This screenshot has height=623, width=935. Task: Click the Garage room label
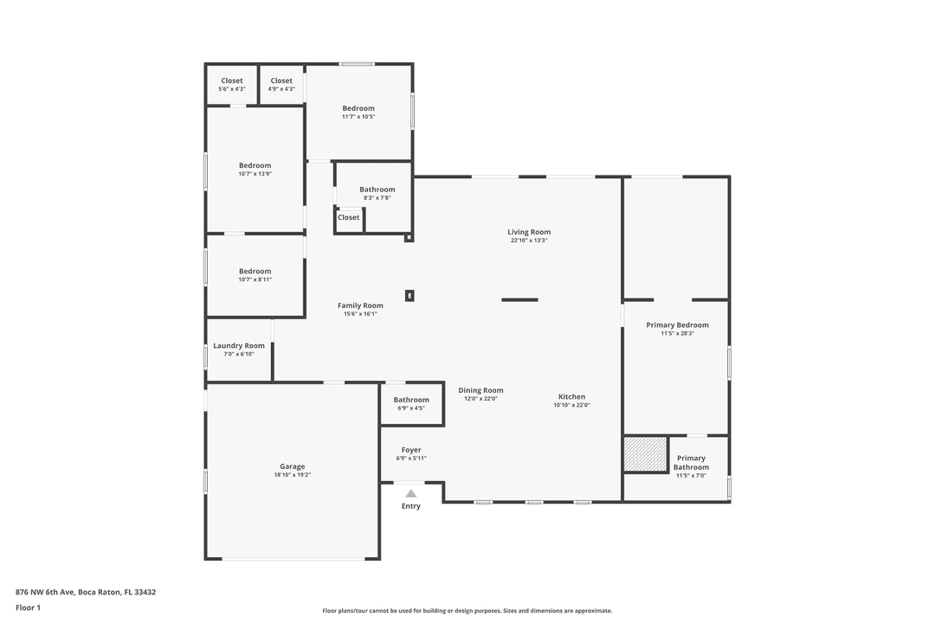pyautogui.click(x=292, y=466)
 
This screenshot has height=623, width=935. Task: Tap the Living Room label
pyautogui.click(x=529, y=232)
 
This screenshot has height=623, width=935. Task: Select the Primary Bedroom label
pyautogui.click(x=677, y=325)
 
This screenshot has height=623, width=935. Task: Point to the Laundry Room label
pyautogui.click(x=239, y=345)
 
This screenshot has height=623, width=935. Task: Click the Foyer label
pyautogui.click(x=411, y=450)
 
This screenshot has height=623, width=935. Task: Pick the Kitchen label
pyautogui.click(x=571, y=396)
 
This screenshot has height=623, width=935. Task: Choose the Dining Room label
pyautogui.click(x=480, y=390)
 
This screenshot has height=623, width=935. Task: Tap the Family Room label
pyautogui.click(x=360, y=305)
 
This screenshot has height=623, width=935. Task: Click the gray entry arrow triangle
pyautogui.click(x=411, y=493)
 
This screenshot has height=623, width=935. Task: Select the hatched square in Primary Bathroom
pyautogui.click(x=645, y=454)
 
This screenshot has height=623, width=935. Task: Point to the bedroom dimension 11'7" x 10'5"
pyautogui.click(x=358, y=117)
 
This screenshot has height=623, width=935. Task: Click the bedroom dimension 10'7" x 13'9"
pyautogui.click(x=255, y=174)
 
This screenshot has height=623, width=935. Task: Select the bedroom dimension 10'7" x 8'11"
pyautogui.click(x=255, y=279)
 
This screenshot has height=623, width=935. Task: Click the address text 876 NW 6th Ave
pyautogui.click(x=86, y=593)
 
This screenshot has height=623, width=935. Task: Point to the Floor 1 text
pyautogui.click(x=28, y=607)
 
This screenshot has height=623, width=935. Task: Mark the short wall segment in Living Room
pyautogui.click(x=519, y=299)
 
